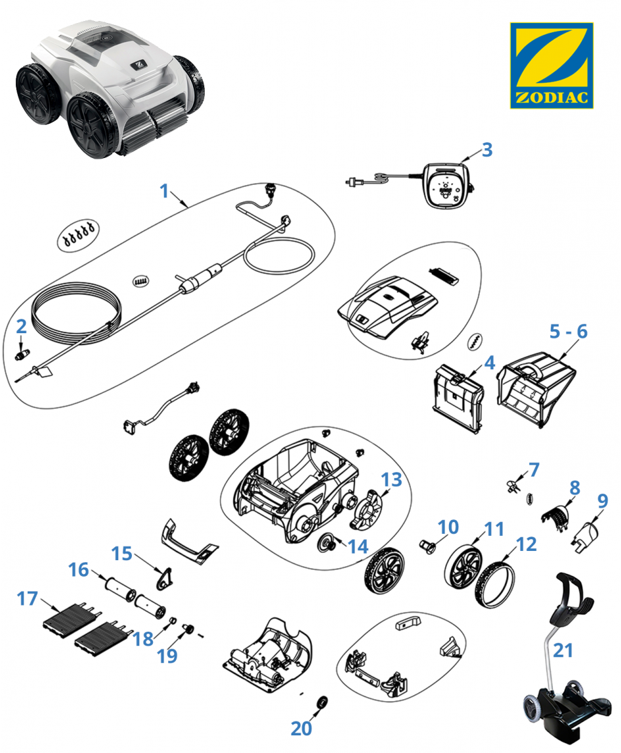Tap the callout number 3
pos(486,149)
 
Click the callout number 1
pos(165,192)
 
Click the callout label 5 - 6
pos(568,332)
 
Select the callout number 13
pos(391,480)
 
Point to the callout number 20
pos(302,727)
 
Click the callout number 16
pos(78,571)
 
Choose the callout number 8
pos(574,487)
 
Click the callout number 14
pos(358,546)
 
